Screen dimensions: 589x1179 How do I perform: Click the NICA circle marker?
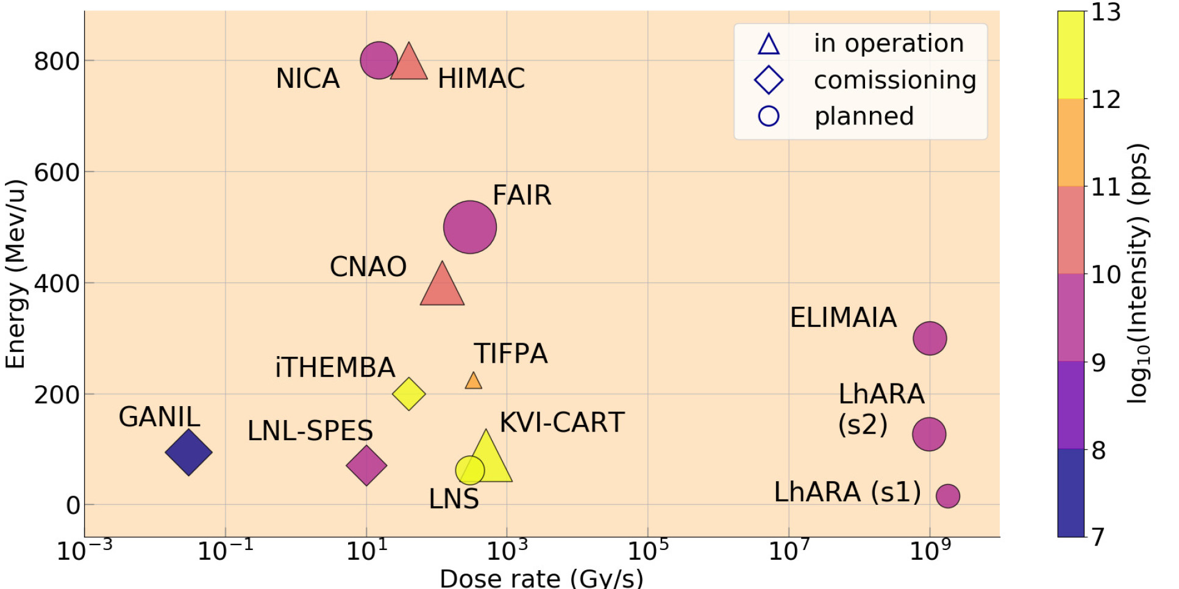[379, 60]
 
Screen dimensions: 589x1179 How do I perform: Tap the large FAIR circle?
[469, 227]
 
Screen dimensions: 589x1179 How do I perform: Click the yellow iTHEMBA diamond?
[408, 394]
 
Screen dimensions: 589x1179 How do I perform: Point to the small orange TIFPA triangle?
[473, 382]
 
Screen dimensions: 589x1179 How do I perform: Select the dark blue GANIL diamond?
[189, 452]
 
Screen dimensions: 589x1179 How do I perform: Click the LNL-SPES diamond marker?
[366, 465]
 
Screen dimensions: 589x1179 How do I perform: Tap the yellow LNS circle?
[469, 470]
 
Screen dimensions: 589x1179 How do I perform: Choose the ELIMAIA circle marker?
[929, 338]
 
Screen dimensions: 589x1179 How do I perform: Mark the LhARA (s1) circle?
[947, 496]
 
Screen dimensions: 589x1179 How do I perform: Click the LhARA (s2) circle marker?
[928, 434]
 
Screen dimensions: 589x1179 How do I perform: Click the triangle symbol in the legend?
[768, 45]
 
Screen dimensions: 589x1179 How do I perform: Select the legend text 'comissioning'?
[894, 80]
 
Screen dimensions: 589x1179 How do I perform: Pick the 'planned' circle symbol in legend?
[768, 116]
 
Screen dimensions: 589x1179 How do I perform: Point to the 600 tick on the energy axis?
[56, 173]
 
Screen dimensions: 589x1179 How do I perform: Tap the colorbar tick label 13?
[1105, 12]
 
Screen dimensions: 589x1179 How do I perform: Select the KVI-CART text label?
[561, 422]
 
